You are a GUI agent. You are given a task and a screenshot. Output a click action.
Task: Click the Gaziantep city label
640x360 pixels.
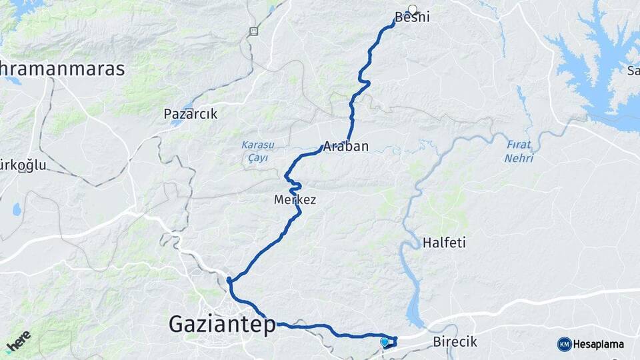(222, 325)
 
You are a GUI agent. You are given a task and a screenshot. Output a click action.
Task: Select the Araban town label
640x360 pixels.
(345, 147)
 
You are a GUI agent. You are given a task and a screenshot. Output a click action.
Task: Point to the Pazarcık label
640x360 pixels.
(191, 114)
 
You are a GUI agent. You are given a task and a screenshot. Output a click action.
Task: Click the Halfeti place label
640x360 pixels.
(444, 243)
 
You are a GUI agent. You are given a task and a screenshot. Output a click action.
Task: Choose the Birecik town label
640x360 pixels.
(455, 342)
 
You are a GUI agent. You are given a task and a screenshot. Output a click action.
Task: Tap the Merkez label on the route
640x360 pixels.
(295, 199)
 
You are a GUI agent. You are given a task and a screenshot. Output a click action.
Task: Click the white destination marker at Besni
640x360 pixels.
(413, 10)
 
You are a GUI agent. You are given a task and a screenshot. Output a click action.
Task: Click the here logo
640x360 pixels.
(18, 341)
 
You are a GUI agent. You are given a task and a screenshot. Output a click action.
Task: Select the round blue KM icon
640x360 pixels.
(564, 344)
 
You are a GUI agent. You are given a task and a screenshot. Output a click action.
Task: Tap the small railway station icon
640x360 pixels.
(253, 31)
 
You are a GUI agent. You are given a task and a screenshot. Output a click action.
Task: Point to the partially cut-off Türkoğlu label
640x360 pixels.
(23, 165)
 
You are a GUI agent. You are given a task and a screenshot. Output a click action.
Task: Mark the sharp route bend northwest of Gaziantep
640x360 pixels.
(229, 281)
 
